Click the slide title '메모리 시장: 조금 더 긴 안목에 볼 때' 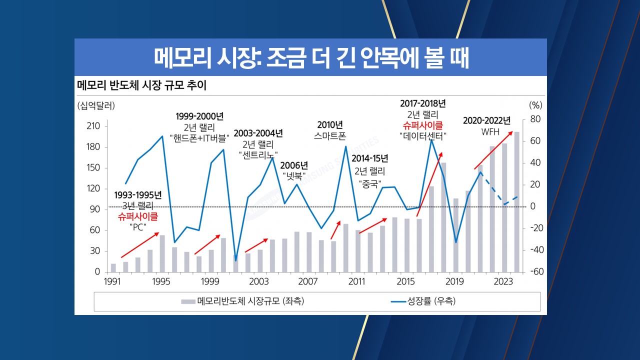click(x=310, y=57)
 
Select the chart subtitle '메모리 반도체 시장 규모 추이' click(x=141, y=84)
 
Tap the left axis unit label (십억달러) click(x=96, y=105)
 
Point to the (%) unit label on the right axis click(x=535, y=105)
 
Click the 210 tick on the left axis click(x=93, y=126)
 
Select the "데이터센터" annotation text click(x=423, y=135)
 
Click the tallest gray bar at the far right click(x=517, y=202)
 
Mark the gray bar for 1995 click(x=162, y=253)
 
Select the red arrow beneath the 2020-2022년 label click(x=493, y=150)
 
